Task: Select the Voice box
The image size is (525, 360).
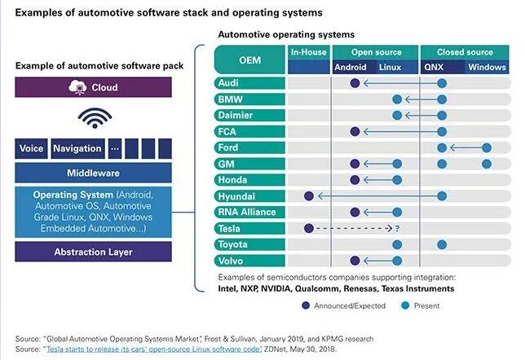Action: click(x=32, y=149)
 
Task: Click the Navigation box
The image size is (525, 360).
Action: click(x=77, y=149)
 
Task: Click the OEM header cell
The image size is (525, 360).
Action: click(x=249, y=60)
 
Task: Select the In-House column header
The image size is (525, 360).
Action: click(x=308, y=53)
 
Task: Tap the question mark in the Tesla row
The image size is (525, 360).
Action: click(x=397, y=229)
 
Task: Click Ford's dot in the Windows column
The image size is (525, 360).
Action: click(x=487, y=148)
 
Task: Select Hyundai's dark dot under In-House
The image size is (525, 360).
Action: click(x=308, y=196)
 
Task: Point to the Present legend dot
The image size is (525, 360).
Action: click(x=405, y=306)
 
